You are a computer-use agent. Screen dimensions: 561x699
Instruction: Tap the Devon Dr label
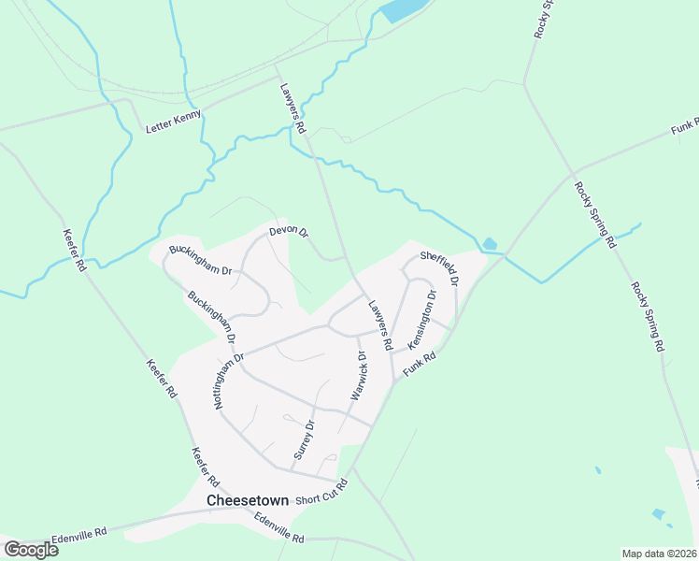[x=288, y=230]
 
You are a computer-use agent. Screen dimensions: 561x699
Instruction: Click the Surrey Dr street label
[x=305, y=439]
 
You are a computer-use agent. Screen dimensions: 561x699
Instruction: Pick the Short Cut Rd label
[x=321, y=493]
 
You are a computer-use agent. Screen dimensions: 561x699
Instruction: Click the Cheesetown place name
[x=247, y=501]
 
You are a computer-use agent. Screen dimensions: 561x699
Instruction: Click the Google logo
[x=31, y=549]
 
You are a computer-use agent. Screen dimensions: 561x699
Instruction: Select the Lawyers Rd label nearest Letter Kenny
[x=292, y=108]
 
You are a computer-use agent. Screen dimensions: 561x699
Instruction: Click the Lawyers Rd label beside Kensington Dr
[x=379, y=324]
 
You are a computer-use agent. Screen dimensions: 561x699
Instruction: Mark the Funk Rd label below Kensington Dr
[x=420, y=365]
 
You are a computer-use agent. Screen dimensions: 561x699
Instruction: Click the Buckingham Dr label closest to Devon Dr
[x=199, y=260]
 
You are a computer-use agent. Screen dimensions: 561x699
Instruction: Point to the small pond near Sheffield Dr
[x=490, y=245]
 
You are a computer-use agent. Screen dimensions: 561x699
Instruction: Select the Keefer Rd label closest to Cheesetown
[x=205, y=467]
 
